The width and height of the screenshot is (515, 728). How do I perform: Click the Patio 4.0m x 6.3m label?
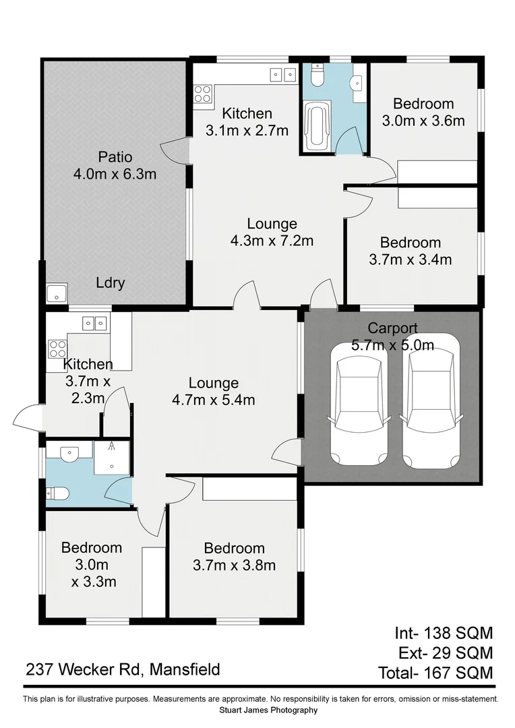[x=115, y=166]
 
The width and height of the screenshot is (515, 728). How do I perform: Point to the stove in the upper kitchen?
[x=203, y=94]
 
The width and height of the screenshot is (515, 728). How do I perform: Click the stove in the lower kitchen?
[x=57, y=348]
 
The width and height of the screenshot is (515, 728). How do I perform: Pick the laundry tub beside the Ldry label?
[x=55, y=294]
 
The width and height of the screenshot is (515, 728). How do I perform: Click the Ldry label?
[x=110, y=283]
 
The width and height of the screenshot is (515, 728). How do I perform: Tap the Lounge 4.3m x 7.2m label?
[x=272, y=231]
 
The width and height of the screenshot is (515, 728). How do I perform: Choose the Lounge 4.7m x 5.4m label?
[x=213, y=391]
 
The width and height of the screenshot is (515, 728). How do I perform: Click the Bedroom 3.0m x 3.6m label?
[x=423, y=112]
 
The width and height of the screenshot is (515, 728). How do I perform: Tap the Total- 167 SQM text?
[x=435, y=672]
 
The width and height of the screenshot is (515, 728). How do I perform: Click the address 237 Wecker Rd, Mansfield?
[x=123, y=669]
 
